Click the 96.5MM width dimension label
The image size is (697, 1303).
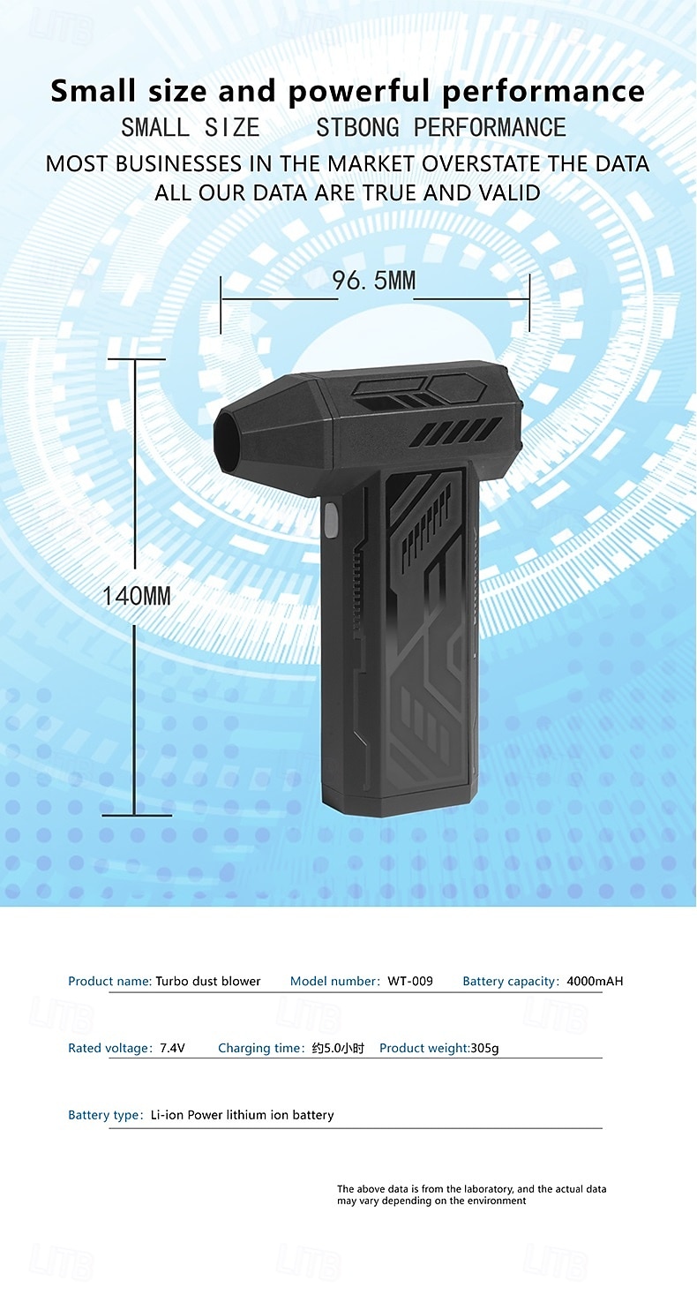click(374, 281)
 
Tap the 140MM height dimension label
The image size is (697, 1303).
click(137, 596)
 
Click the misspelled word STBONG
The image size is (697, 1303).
click(358, 128)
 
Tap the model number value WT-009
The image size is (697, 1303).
click(410, 982)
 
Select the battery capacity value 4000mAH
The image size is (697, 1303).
click(595, 982)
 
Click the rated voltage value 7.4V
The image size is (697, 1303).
click(173, 1048)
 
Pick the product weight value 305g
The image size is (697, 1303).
click(485, 1048)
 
